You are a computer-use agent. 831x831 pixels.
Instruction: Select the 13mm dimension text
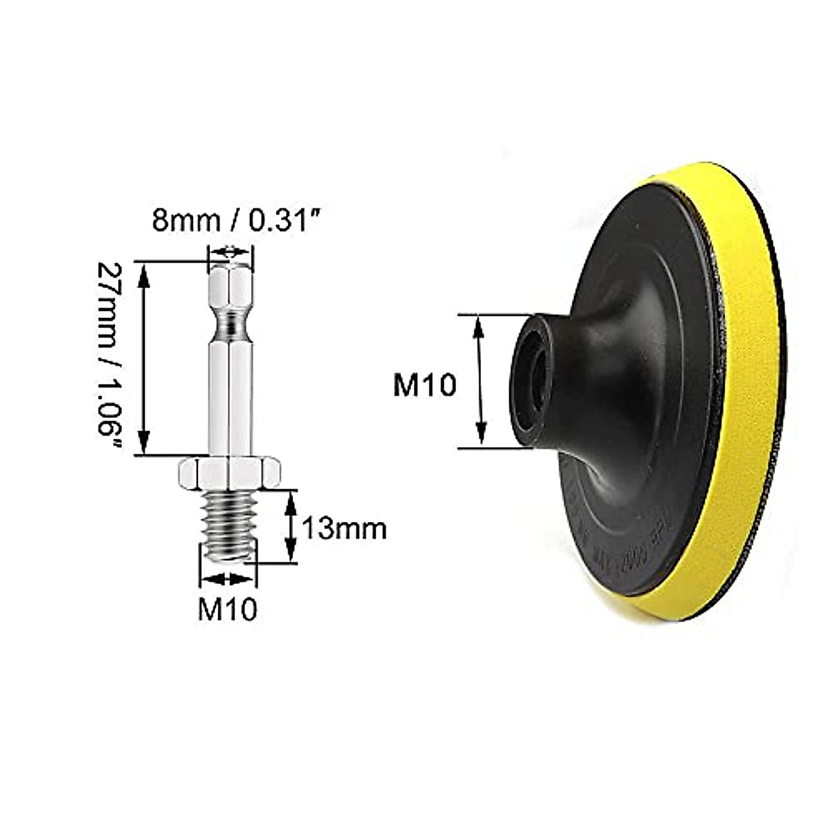click(x=343, y=529)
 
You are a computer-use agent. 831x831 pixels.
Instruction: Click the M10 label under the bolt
click(x=228, y=609)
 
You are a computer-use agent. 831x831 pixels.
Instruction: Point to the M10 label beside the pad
click(x=425, y=384)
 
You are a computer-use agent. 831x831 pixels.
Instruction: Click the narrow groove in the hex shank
click(x=231, y=321)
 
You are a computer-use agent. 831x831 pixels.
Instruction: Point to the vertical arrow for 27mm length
click(x=144, y=358)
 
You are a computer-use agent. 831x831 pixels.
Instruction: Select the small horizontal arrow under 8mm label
click(x=231, y=252)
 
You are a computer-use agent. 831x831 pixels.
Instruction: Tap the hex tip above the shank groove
click(x=231, y=287)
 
